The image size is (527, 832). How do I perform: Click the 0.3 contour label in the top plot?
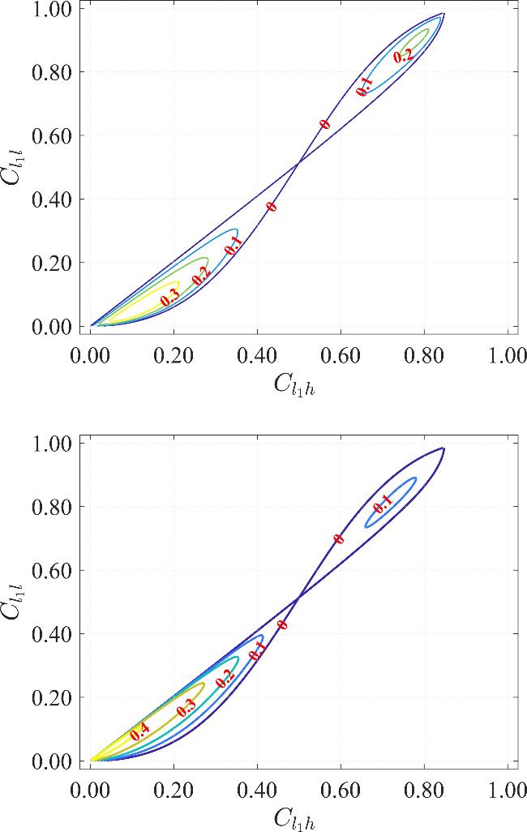click(x=169, y=299)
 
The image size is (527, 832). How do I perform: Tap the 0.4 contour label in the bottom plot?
click(x=139, y=730)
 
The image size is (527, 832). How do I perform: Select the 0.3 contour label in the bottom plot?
click(x=186, y=706)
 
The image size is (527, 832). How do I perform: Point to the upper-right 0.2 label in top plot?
click(x=403, y=56)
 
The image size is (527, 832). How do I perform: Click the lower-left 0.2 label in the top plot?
click(x=201, y=275)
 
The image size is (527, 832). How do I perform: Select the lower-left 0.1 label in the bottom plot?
click(x=257, y=650)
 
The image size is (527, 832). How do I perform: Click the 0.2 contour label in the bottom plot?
click(x=225, y=680)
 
